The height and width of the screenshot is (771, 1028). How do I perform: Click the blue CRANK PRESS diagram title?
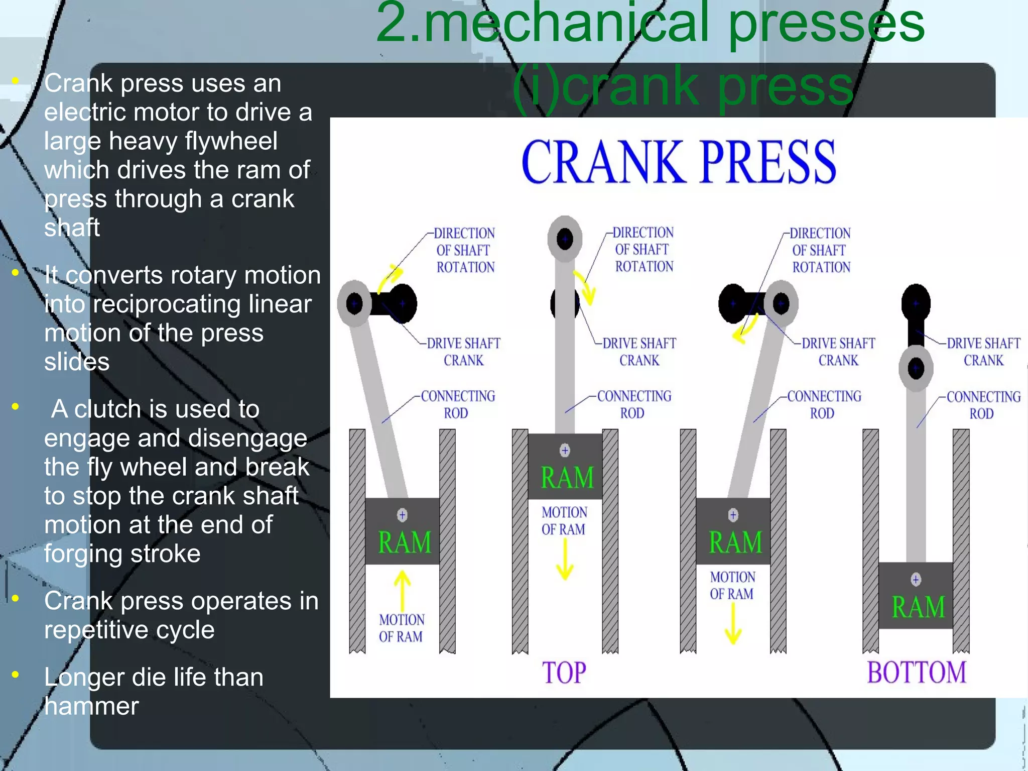click(679, 162)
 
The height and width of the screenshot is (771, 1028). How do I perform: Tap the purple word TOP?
click(564, 673)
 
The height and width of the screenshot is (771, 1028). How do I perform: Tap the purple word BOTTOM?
click(917, 673)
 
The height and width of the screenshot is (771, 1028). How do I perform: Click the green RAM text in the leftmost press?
click(405, 542)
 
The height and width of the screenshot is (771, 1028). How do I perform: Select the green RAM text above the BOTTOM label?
click(918, 607)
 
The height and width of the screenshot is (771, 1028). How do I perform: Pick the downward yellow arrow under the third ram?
click(733, 623)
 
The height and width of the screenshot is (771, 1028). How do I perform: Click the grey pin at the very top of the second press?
click(565, 239)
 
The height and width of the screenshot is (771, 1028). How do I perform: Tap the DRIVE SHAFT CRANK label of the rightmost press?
click(983, 352)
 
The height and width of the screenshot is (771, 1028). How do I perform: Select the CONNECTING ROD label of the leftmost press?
click(457, 404)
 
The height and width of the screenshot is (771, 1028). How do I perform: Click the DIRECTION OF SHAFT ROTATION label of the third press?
click(820, 250)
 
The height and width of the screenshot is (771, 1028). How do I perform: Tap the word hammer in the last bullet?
click(91, 706)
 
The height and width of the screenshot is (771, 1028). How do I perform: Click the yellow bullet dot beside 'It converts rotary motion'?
click(16, 273)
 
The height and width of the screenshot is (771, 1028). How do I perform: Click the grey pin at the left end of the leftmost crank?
click(354, 303)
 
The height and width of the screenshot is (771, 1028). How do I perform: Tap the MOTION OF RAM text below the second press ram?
click(564, 521)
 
